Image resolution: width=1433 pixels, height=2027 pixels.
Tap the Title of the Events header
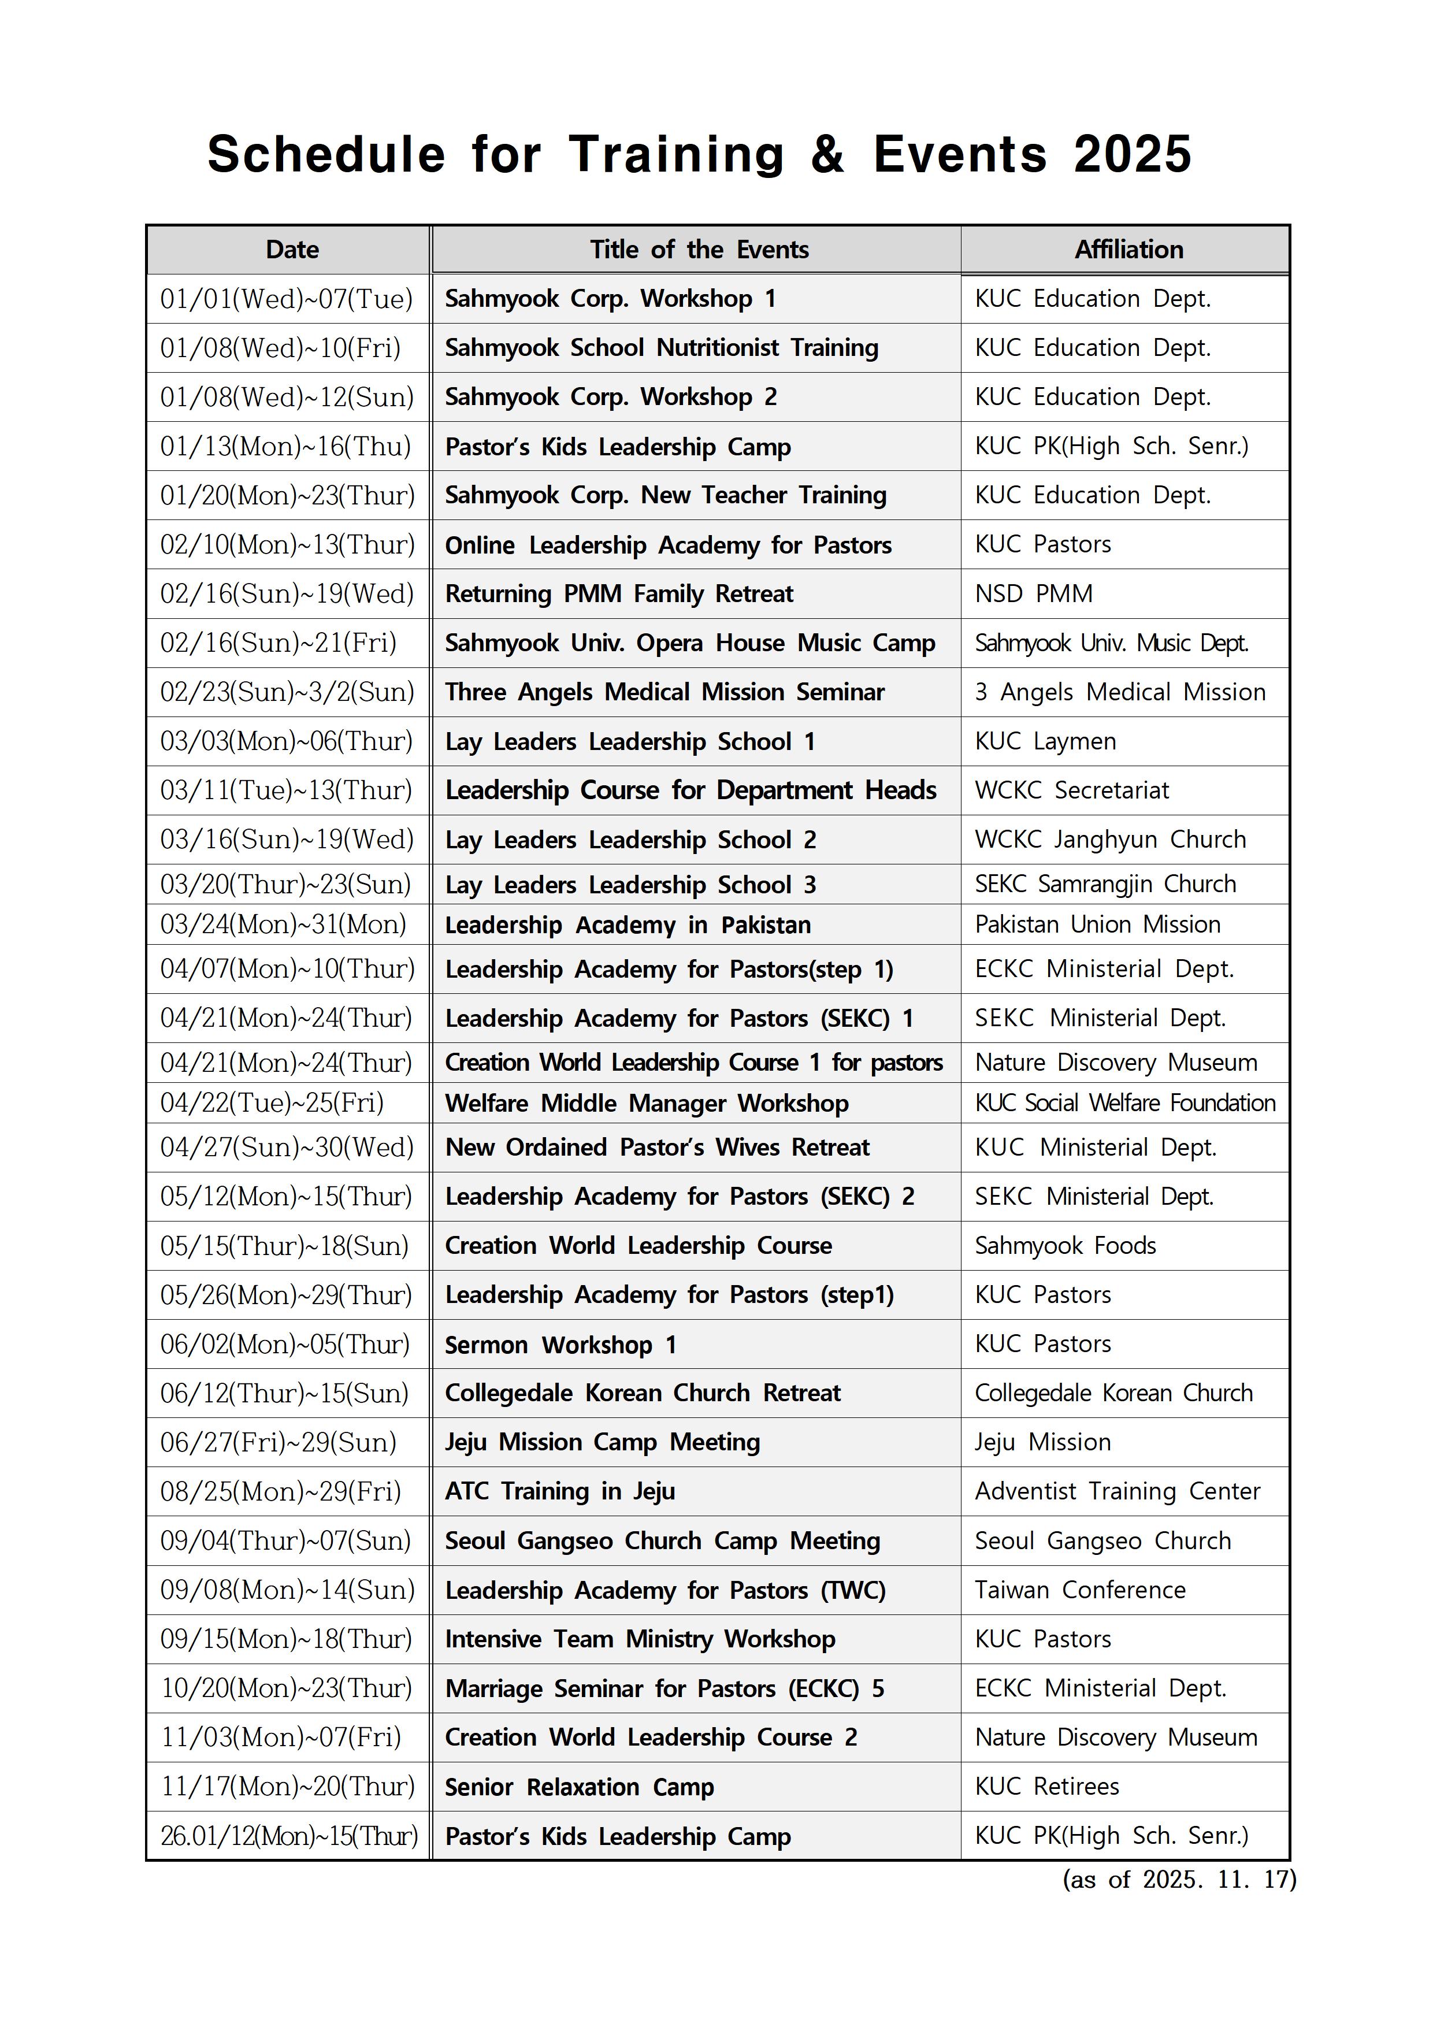699,250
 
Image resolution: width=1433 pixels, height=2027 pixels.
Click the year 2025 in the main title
1132,154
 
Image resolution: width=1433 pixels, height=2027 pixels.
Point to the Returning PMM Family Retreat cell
619,594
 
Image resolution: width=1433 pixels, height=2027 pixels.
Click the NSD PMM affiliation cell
1033,594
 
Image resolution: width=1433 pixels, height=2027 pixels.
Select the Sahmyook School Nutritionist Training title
661,348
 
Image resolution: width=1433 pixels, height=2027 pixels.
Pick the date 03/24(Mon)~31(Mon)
283,925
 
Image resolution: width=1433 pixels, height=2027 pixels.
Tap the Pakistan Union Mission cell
1097,925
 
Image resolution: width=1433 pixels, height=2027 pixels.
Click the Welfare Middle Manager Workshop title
647,1104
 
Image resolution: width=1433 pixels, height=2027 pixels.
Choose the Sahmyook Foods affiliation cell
1065,1246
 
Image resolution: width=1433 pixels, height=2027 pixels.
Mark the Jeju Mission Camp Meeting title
602,1443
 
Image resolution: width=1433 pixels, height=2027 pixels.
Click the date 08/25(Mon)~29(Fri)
281,1492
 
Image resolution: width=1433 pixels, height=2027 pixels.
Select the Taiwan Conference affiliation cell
1080,1590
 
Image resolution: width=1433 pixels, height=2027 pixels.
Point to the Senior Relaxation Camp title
579,1787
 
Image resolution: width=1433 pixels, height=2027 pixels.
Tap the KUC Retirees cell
1046,1787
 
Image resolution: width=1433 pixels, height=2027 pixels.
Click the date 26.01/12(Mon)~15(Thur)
289,1836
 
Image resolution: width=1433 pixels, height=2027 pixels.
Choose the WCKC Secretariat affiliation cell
1071,790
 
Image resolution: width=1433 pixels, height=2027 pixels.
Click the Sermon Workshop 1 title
560,1345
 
